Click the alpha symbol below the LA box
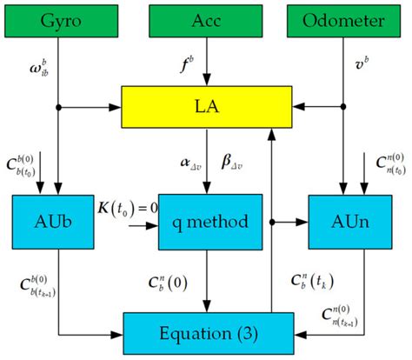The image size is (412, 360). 178,162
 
